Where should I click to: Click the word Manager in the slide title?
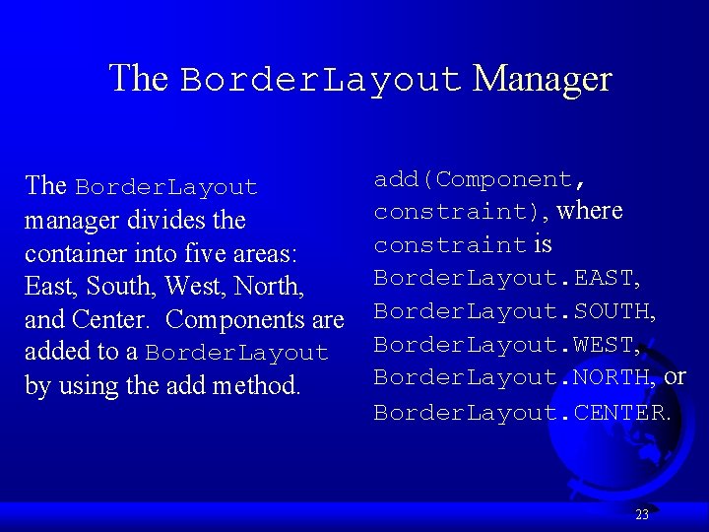point(543,78)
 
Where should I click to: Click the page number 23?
point(642,514)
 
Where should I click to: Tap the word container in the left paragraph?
point(70,253)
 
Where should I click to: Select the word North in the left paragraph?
point(269,287)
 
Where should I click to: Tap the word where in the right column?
point(590,211)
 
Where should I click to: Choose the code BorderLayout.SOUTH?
point(514,311)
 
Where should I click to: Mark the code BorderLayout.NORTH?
point(514,377)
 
